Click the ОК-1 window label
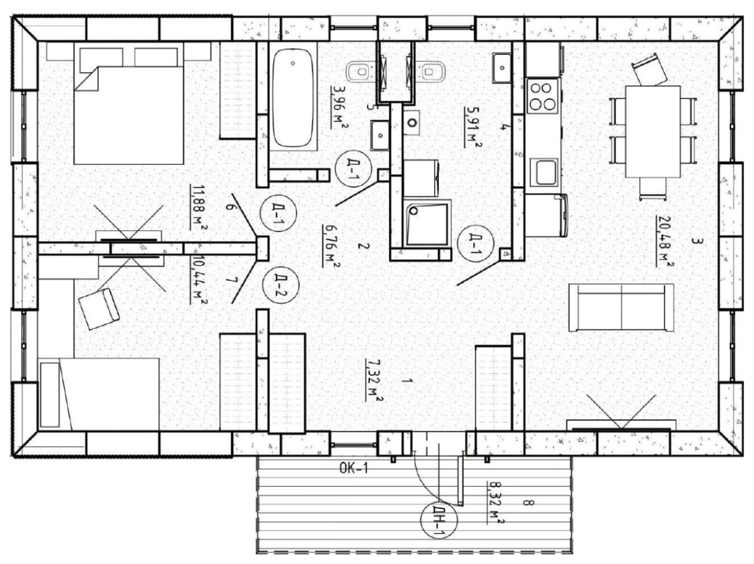point(353,469)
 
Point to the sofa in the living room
point(621,307)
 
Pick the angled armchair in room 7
point(99,308)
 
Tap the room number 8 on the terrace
point(527,504)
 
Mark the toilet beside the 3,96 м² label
point(358,72)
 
